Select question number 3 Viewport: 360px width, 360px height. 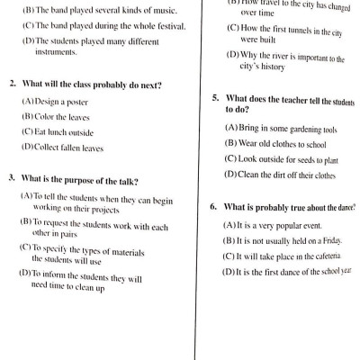click(12, 177)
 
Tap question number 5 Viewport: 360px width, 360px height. click(216, 97)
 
